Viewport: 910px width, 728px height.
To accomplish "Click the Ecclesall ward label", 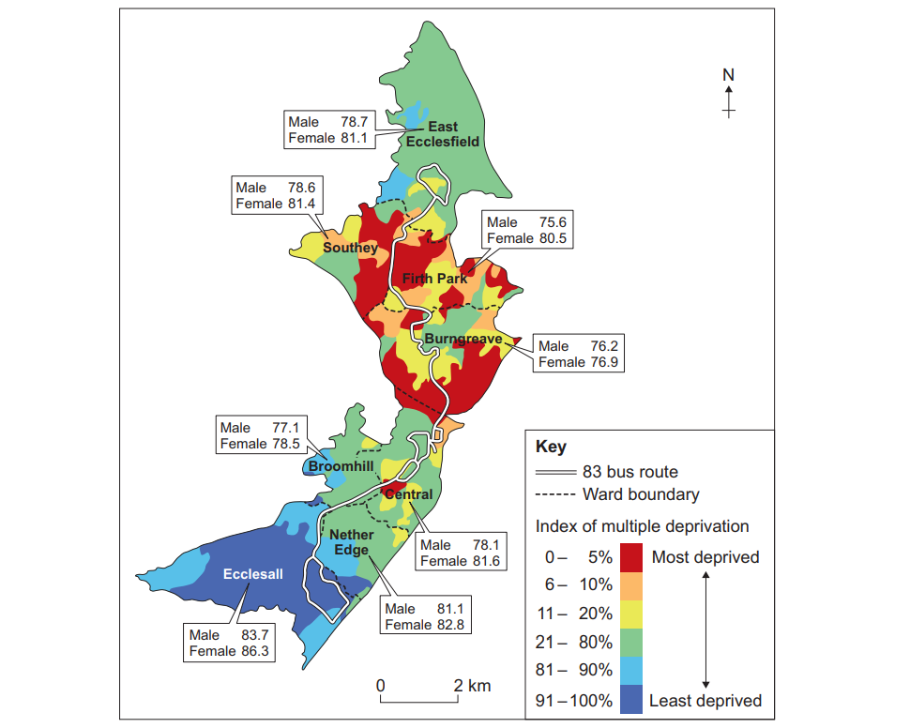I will pos(253,573).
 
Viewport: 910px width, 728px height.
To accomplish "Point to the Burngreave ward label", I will pos(463,338).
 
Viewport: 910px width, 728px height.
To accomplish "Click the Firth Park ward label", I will pos(434,279).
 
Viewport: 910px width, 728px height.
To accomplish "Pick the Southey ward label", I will pos(350,248).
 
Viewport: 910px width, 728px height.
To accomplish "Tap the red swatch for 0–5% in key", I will pos(631,557).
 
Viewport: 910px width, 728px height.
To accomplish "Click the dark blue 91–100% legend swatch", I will pos(631,699).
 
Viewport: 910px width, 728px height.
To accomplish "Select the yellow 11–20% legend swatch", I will pos(631,614).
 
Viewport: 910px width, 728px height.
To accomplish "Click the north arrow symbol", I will pos(729,99).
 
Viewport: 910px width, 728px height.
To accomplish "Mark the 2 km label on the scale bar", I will pos(472,686).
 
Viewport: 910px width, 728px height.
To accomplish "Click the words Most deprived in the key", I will pos(705,557).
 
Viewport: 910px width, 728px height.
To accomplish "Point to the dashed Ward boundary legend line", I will pos(554,494).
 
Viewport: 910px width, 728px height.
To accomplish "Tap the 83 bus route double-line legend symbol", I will pos(554,472).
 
